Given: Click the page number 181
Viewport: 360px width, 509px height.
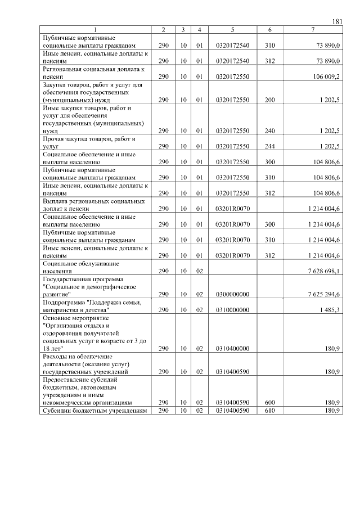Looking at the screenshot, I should pyautogui.click(x=337, y=21).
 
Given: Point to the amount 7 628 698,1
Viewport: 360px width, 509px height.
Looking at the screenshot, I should pyautogui.click(x=321, y=271).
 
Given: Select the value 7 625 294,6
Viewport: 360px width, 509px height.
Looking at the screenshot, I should pyautogui.click(x=321, y=294).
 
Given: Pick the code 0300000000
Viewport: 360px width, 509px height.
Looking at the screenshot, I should pyautogui.click(x=232, y=294).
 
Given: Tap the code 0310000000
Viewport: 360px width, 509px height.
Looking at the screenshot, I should pyautogui.click(x=232, y=310).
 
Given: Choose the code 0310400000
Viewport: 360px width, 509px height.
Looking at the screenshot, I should pyautogui.click(x=232, y=349).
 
